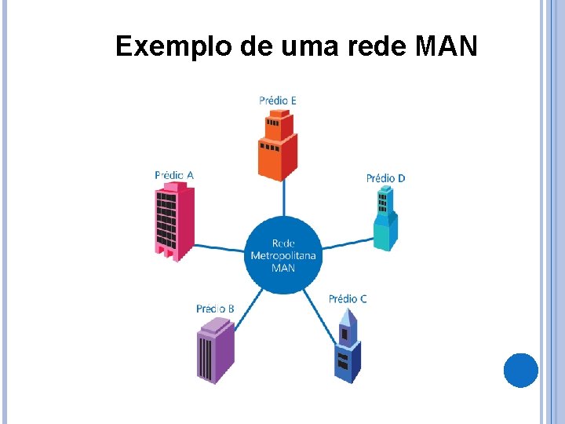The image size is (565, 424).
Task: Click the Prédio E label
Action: coord(278,100)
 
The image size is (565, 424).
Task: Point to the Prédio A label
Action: coord(173,175)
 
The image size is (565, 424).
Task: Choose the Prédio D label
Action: coord(385,178)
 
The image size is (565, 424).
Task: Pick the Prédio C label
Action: coord(348,298)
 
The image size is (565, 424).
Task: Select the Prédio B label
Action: coord(215,309)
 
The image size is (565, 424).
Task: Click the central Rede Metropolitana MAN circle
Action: coord(282,255)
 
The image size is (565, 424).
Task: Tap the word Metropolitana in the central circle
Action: coord(282,255)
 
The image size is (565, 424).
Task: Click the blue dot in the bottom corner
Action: coord(520,371)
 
